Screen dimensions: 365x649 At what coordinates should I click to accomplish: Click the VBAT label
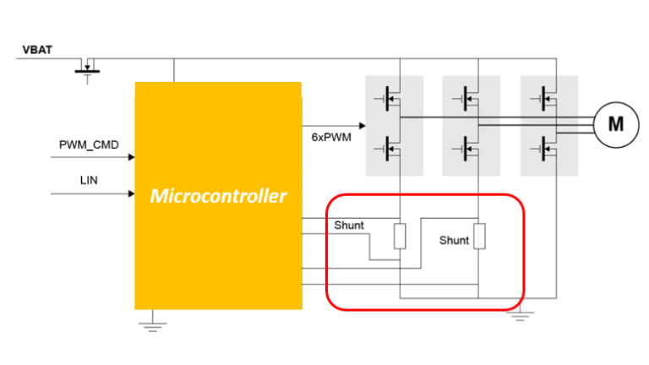(x=37, y=50)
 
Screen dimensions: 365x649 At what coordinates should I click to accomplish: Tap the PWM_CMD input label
(x=89, y=144)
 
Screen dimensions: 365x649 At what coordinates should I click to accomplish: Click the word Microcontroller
(x=218, y=197)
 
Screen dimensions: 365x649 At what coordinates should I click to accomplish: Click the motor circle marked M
(x=616, y=124)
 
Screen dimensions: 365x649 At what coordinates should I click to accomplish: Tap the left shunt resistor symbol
(x=400, y=237)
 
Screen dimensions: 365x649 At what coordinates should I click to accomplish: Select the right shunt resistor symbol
(x=479, y=237)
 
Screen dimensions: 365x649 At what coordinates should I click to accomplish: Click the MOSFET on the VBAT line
(x=86, y=66)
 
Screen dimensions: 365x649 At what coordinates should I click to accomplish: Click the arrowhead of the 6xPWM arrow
(x=362, y=127)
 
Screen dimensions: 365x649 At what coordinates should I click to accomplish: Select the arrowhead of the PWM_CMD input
(x=131, y=157)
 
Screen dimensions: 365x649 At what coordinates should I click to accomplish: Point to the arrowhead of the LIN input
(x=131, y=193)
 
